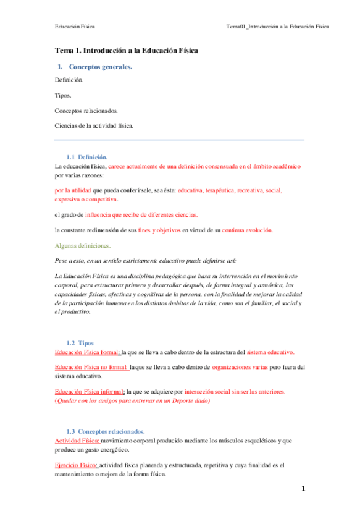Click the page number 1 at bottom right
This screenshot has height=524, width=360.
[303, 489]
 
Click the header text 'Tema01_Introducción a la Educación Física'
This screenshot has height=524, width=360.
[277, 27]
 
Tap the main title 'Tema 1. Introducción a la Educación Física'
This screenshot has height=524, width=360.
[127, 50]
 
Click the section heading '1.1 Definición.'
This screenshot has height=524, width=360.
[86, 158]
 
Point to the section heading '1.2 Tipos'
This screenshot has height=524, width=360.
[80, 342]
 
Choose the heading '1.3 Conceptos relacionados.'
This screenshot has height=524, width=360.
[106, 431]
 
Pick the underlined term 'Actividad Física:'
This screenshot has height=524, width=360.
[77, 441]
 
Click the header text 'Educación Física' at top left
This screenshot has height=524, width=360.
[74, 27]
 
